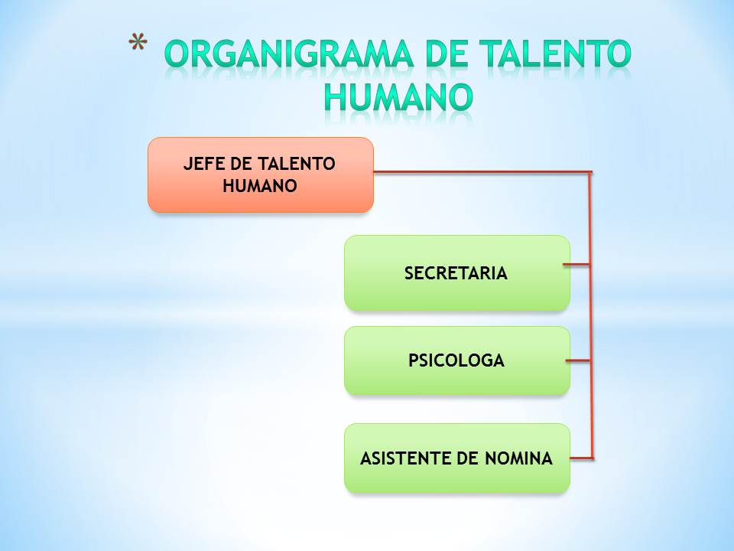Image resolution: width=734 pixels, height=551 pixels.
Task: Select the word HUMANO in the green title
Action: [x=398, y=96]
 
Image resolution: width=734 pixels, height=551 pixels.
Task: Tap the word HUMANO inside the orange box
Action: [x=260, y=185]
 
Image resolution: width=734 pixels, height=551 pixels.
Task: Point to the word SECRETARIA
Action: [x=456, y=273]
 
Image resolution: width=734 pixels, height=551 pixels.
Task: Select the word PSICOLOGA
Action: [x=456, y=360]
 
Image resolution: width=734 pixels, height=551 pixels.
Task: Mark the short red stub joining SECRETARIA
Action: [x=577, y=265]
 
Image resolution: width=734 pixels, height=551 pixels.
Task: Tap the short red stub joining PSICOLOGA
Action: [x=578, y=360]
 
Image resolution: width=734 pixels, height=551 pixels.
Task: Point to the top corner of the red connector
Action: [x=590, y=172]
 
